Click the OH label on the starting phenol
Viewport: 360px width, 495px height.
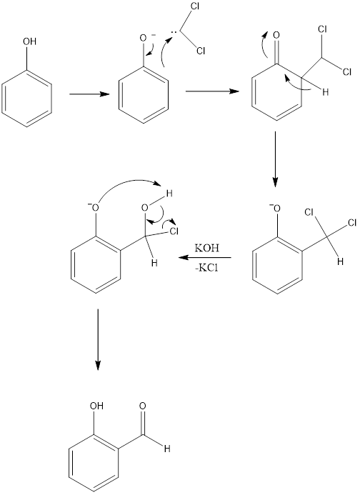click(x=30, y=41)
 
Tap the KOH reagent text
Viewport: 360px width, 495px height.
click(x=207, y=248)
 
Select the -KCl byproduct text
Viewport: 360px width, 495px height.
click(x=206, y=269)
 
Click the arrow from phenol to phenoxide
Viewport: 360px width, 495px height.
click(x=89, y=94)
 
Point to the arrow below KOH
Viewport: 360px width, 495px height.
click(x=205, y=258)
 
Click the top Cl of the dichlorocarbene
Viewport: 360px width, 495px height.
click(x=194, y=7)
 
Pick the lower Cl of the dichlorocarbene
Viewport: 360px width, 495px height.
click(x=201, y=51)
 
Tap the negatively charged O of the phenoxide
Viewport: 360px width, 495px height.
click(x=144, y=39)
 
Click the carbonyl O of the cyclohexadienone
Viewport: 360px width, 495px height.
click(x=276, y=35)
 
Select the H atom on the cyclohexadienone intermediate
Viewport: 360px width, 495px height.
click(x=325, y=92)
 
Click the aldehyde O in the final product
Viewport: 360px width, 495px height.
click(x=142, y=406)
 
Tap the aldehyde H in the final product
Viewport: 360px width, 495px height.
click(x=167, y=449)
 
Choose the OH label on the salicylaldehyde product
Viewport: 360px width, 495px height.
click(x=96, y=406)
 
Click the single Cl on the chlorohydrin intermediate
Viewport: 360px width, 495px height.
click(x=174, y=231)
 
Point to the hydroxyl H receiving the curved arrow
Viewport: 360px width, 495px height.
click(x=169, y=194)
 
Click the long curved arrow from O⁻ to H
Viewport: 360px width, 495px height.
click(x=129, y=181)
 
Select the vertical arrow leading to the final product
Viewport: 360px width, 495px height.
click(x=98, y=339)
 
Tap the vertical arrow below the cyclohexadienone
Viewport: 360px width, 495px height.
click(x=276, y=159)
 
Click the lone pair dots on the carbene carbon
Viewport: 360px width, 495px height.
click(x=174, y=33)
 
